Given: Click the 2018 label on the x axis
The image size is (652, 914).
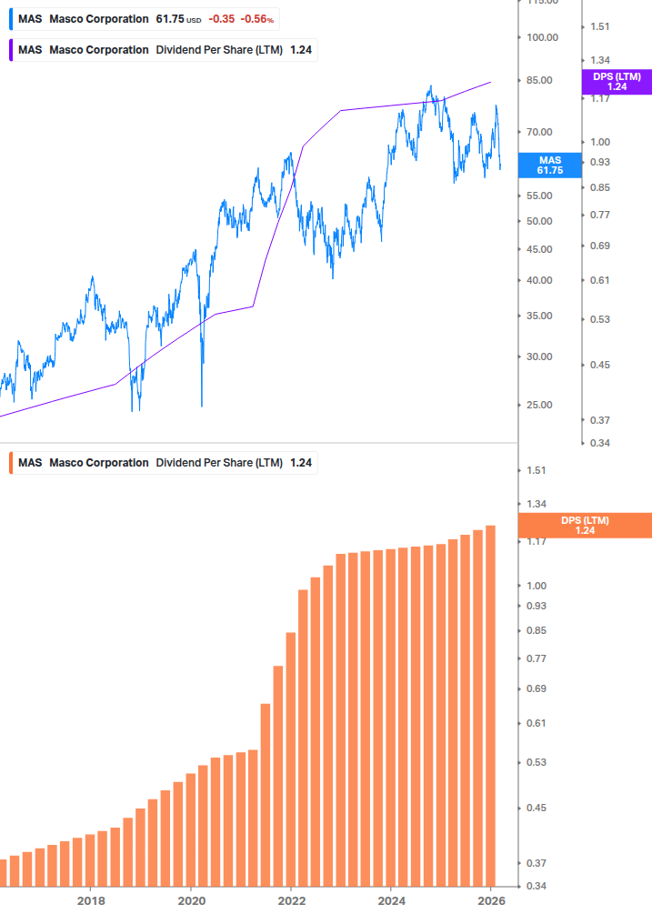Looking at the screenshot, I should point(90,900).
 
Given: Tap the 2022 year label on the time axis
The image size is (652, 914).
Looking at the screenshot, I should point(291,900).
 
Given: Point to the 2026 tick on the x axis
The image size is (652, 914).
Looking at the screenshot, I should point(490,900).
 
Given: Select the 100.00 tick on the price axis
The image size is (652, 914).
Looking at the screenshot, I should point(543,37).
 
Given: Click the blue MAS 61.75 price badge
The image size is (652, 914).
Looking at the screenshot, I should point(549,165).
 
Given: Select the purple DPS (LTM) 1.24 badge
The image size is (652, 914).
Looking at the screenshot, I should point(617,82).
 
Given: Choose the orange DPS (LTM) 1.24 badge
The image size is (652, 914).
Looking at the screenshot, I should point(585,526).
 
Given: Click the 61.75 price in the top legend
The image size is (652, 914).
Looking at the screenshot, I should point(170,18).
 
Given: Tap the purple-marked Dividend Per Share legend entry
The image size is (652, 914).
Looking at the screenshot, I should point(164,49).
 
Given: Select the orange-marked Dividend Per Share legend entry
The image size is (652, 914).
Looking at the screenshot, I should point(164,462).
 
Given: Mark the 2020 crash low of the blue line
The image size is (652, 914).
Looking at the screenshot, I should point(202,406).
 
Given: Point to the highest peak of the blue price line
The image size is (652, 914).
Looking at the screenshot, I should point(430,87).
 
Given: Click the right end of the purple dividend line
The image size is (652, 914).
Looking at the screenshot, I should point(491,82).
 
